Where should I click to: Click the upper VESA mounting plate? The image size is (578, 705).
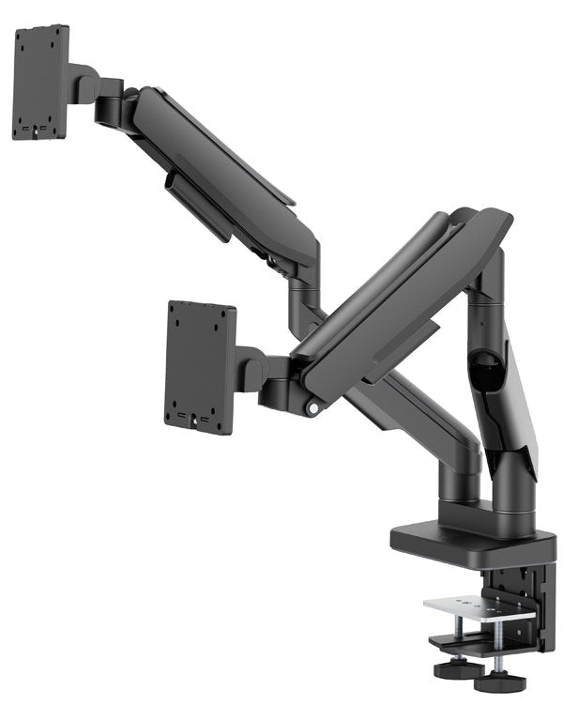(40, 83)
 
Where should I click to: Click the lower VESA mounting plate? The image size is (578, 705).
(200, 365)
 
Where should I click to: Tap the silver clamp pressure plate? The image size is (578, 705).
(478, 606)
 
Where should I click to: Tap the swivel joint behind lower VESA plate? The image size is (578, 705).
(251, 368)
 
